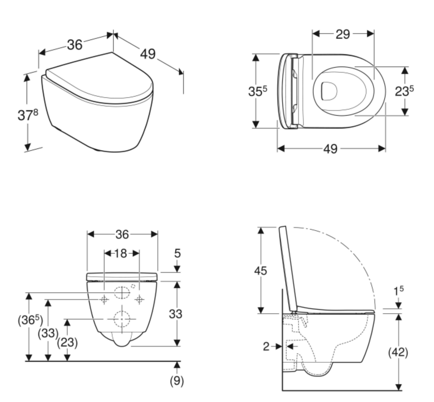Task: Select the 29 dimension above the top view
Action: click(x=343, y=34)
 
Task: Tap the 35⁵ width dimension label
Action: click(x=258, y=91)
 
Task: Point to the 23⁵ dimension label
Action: click(x=404, y=91)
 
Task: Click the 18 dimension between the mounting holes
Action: click(x=121, y=253)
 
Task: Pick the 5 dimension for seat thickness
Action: click(x=177, y=253)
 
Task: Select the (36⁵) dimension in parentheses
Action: click(x=30, y=321)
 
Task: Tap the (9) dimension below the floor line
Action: click(x=177, y=382)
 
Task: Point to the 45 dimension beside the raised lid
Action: click(x=260, y=270)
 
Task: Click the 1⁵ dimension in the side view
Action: click(x=398, y=291)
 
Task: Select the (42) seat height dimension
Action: click(x=398, y=352)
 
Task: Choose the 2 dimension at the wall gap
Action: click(x=266, y=346)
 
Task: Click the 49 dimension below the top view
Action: click(x=331, y=149)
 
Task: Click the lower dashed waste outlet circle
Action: click(x=122, y=319)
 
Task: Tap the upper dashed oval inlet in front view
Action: click(x=121, y=293)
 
